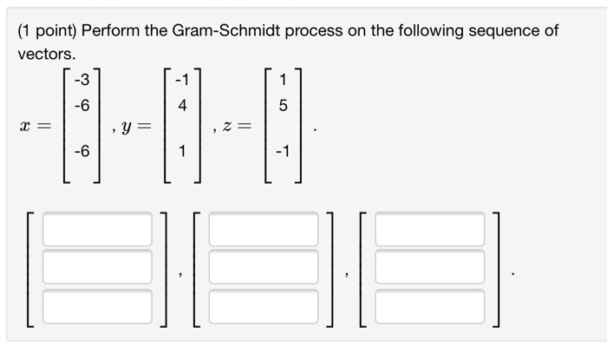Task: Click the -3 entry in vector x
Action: pos(81,82)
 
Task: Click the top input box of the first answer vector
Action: pos(97,229)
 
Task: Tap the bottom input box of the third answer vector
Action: pos(429,304)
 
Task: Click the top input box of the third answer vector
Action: pos(429,229)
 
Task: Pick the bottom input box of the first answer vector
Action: pos(97,304)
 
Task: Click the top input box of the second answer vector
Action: pos(264,229)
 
